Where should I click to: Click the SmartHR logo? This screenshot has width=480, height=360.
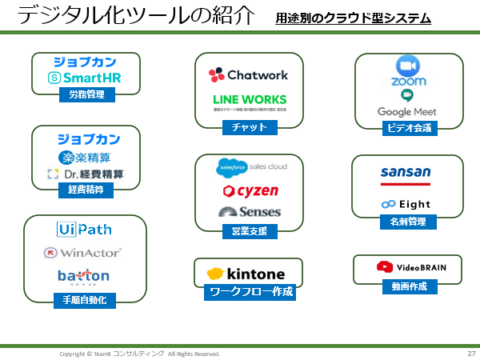click(85, 78)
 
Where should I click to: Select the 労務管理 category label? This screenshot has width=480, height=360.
click(86, 94)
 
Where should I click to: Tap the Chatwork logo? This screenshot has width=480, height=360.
click(248, 75)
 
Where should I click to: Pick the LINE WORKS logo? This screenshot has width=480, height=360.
click(249, 101)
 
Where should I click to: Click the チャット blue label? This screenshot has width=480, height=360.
click(249, 127)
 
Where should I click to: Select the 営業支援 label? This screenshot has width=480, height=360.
click(249, 231)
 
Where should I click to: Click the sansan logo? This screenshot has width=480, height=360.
click(406, 173)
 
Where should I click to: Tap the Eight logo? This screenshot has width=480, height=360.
click(406, 204)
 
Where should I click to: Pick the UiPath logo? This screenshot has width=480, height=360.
click(84, 230)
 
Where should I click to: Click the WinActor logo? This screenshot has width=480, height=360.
click(84, 253)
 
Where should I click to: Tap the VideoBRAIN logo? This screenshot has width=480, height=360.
click(408, 266)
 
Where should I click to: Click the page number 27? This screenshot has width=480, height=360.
click(470, 354)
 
